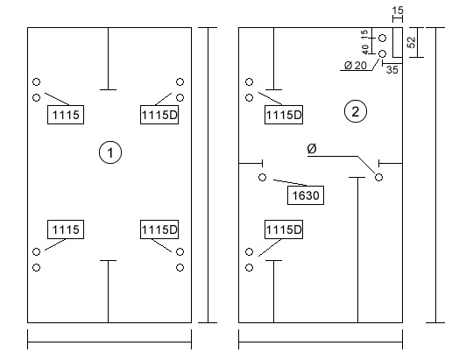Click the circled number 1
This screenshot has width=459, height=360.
tap(110, 152)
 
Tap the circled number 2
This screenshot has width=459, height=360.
tap(356, 111)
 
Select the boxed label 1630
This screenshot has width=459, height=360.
tap(306, 195)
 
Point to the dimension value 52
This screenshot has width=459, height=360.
tap(412, 42)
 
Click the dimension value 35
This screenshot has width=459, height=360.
tap(392, 70)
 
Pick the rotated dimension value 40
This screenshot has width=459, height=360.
tap(365, 49)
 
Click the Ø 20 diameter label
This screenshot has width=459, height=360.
tap(356, 66)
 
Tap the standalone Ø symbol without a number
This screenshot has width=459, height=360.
tap(312, 149)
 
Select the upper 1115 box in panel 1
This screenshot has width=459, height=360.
tap(66, 115)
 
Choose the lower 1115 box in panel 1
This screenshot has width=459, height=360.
tap(66, 229)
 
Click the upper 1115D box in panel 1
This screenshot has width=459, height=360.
tap(159, 115)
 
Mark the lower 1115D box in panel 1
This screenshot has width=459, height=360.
tap(159, 229)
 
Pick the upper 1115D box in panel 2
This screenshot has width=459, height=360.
tap(284, 115)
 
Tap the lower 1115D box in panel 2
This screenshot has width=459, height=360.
tap(284, 229)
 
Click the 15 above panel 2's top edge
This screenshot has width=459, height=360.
tap(398, 11)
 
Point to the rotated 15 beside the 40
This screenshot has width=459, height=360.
tap(364, 33)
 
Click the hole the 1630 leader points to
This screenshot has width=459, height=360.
tap(262, 177)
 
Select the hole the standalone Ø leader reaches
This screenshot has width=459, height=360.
tap(378, 177)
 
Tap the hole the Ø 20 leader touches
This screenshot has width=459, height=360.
tap(382, 53)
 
